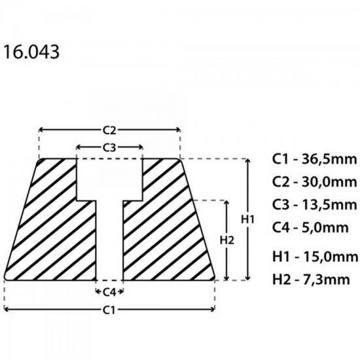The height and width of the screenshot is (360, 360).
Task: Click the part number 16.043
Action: pos(31,52)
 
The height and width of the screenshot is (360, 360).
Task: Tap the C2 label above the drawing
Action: pos(109,130)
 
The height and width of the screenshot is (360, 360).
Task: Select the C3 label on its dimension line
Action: pos(109,148)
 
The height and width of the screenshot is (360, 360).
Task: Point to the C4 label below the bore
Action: pos(109,292)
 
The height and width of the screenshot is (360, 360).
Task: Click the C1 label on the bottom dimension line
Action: pos(109,310)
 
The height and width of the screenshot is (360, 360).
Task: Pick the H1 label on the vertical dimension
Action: pos(247,219)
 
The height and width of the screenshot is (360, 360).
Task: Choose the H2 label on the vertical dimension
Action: pos(227,240)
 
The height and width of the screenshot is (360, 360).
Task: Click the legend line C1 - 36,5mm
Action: pos(314,159)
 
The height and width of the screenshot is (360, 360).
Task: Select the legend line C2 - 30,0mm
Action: pos(314,182)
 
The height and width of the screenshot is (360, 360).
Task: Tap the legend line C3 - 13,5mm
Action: pos(314,205)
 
